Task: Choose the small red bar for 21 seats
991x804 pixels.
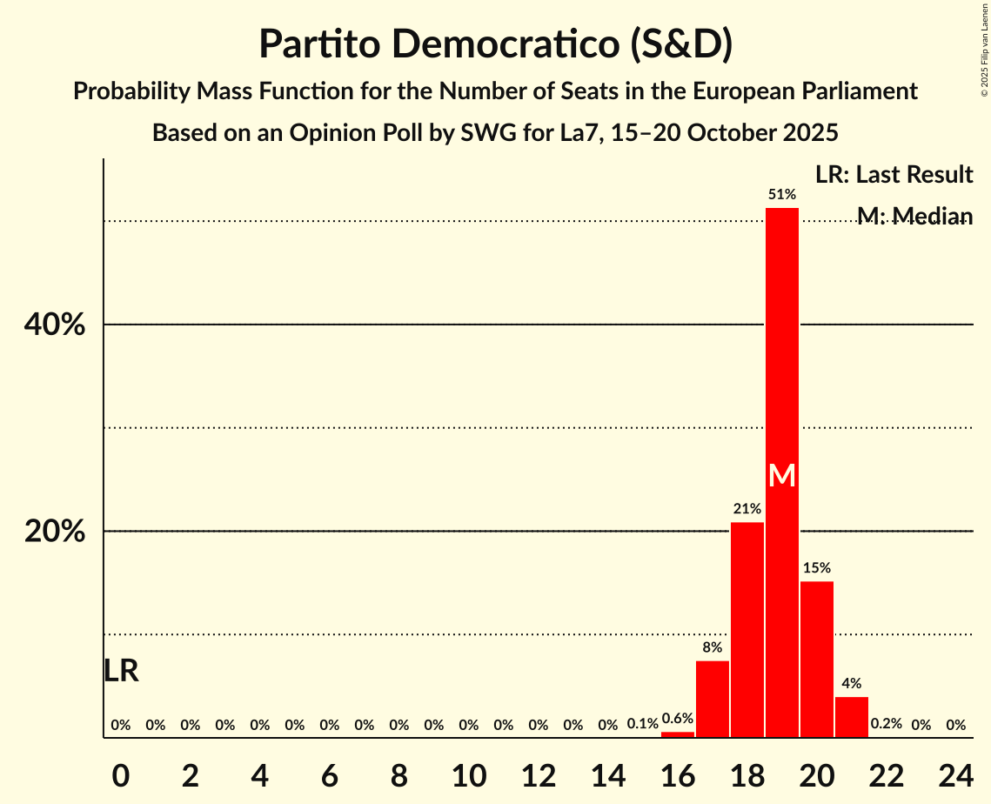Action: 852,717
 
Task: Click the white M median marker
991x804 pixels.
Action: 782,475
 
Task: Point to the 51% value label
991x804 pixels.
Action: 782,194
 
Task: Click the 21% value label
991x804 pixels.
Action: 747,509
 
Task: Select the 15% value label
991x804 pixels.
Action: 817,567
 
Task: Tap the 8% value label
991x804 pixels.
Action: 713,647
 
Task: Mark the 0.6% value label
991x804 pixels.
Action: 678,719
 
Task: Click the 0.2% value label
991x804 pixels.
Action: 887,724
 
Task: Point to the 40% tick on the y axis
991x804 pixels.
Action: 54,325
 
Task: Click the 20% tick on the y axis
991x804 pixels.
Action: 54,532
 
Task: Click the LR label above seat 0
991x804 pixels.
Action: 121,671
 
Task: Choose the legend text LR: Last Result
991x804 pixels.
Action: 894,175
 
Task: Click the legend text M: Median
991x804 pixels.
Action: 914,216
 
